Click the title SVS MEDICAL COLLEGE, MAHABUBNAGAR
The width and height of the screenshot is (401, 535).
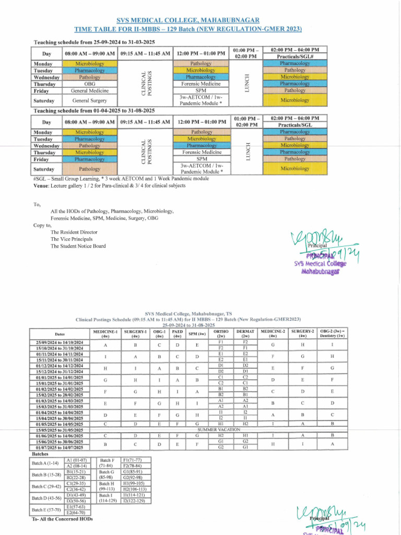coord(187,19)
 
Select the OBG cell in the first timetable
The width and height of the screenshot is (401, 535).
coord(89,84)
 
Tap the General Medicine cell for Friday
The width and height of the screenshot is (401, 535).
coord(89,90)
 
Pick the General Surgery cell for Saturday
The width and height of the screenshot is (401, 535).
coord(89,100)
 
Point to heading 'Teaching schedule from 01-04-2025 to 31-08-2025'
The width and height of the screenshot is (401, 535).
coord(94,111)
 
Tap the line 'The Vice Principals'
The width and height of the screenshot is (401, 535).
coord(72,239)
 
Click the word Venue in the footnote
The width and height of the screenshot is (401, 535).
coord(41,185)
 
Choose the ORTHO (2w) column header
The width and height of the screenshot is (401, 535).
coord(221,333)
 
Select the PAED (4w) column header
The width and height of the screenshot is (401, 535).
coord(178,333)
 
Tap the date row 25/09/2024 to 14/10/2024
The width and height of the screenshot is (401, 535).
coord(60,342)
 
